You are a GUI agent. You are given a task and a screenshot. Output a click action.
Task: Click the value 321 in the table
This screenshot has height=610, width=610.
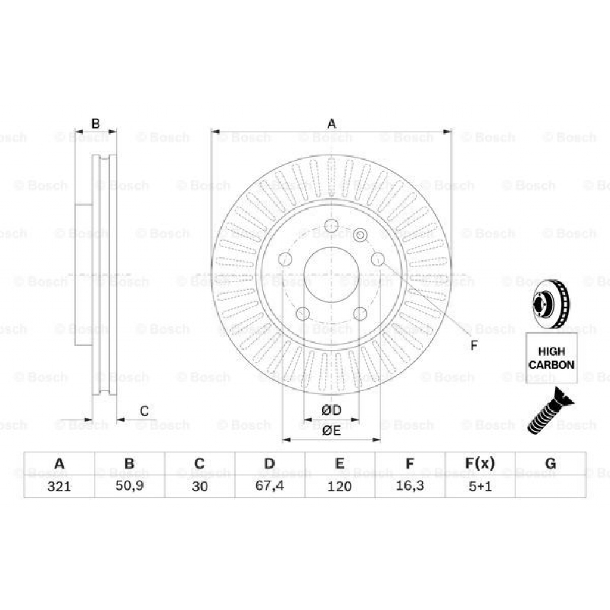pyautogui.click(x=58, y=486)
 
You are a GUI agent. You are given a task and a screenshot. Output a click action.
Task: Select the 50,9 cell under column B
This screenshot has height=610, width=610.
pyautogui.click(x=129, y=486)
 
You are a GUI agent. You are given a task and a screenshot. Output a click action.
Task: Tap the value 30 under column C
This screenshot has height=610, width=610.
pyautogui.click(x=200, y=486)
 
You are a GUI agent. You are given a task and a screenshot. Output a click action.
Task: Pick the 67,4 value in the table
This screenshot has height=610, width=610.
pyautogui.click(x=269, y=486)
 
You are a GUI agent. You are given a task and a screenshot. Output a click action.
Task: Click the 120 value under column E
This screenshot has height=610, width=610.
pyautogui.click(x=340, y=486)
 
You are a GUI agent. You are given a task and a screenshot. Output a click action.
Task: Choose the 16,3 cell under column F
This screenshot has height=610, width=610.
pyautogui.click(x=410, y=486)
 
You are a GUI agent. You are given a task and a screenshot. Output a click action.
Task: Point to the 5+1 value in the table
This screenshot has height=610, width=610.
pyautogui.click(x=480, y=486)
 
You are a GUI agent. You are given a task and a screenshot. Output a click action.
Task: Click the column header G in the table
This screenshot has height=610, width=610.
pyautogui.click(x=550, y=463)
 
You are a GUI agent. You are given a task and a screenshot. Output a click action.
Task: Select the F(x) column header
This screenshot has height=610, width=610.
pyautogui.click(x=480, y=463)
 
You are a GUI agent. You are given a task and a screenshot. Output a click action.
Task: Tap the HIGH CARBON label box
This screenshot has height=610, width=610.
pyautogui.click(x=552, y=358)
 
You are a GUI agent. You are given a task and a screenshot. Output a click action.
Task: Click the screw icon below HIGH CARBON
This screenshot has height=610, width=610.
pyautogui.click(x=547, y=410)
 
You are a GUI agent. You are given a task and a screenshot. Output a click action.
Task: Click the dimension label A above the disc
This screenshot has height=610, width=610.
pyautogui.click(x=332, y=124)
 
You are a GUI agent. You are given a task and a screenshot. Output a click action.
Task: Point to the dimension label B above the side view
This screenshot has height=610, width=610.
pyautogui.click(x=95, y=124)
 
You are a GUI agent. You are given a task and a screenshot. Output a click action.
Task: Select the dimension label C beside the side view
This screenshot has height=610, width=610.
pyautogui.click(x=144, y=411)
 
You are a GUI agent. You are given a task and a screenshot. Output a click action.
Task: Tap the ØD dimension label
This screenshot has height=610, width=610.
pyautogui.click(x=331, y=410)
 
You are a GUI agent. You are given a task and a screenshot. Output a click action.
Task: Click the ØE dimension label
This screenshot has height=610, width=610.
pyautogui.click(x=331, y=431)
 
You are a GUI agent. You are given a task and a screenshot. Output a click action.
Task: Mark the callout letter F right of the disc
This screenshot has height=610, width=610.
pyautogui.click(x=474, y=345)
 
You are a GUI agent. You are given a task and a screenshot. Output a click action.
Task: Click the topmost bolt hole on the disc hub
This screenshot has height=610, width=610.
pyautogui.click(x=331, y=226)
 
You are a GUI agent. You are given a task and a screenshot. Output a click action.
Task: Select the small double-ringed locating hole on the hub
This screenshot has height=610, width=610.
pyautogui.click(x=359, y=236)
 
